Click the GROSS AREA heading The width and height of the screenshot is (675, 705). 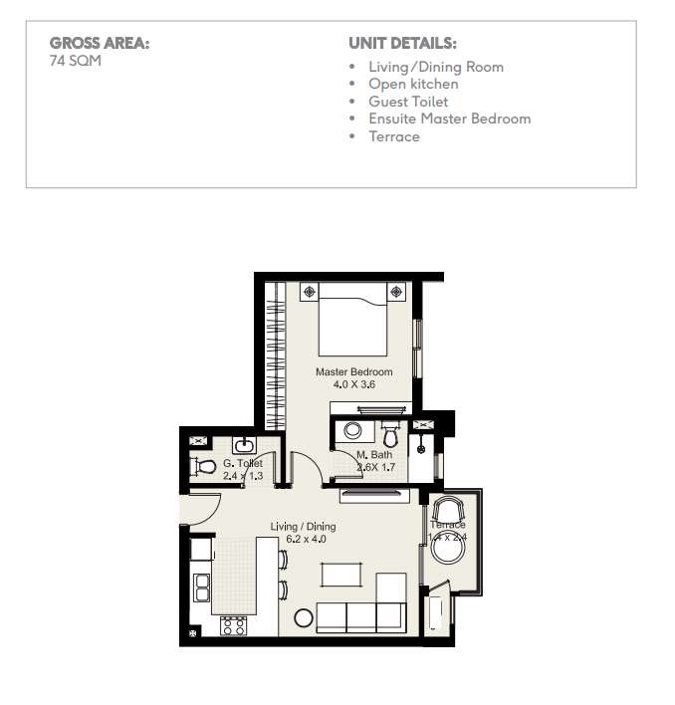tap(100, 43)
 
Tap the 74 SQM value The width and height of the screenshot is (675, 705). tap(76, 61)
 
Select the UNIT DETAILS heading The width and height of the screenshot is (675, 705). tap(402, 43)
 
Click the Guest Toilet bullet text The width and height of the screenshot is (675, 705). tap(408, 102)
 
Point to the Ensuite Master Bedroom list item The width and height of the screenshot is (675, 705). tap(450, 118)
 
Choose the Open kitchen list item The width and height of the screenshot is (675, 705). tap(413, 84)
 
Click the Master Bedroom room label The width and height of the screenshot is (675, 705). tap(354, 371)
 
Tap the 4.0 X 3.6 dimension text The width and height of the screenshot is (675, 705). tap(354, 384)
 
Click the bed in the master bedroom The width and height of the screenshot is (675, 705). tap(352, 320)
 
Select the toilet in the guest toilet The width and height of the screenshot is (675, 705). tap(203, 466)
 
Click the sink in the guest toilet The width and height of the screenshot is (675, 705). tap(244, 445)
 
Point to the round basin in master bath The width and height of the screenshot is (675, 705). tap(352, 430)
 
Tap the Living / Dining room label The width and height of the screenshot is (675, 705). tap(303, 527)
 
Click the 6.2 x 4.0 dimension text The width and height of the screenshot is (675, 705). tap(306, 539)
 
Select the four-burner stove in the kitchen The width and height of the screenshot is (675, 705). tap(234, 626)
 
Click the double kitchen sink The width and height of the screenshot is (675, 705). tap(202, 587)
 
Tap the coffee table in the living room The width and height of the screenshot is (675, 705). tap(341, 576)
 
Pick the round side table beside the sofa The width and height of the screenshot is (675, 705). tap(304, 618)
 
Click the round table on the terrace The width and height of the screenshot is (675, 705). tap(448, 548)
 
